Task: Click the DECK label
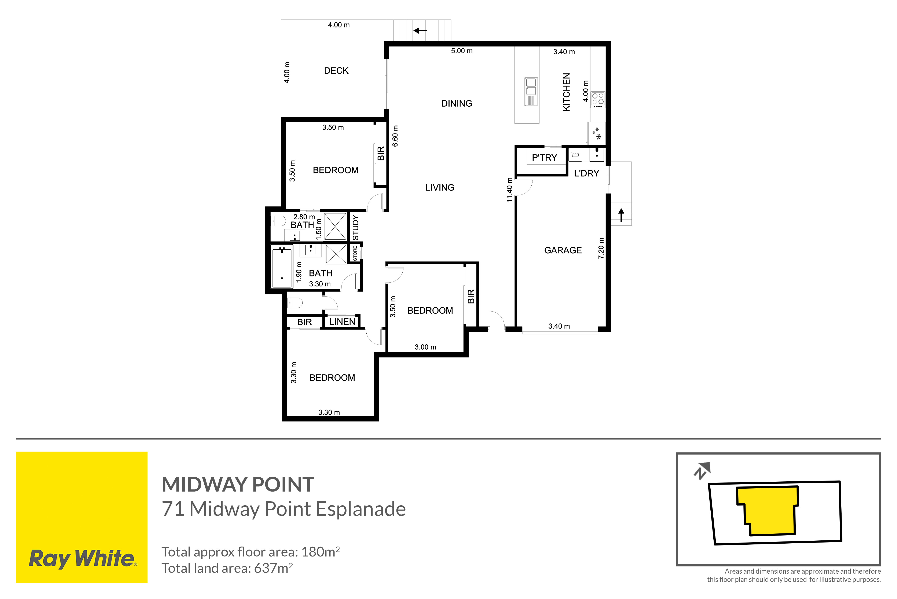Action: click(x=336, y=71)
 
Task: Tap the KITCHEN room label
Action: click(x=567, y=92)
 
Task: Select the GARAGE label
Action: click(x=563, y=250)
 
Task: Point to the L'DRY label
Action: click(x=586, y=173)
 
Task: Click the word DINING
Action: click(x=457, y=103)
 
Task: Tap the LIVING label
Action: click(x=440, y=188)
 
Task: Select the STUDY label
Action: click(x=355, y=228)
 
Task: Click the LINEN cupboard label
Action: click(x=342, y=322)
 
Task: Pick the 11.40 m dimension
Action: click(x=509, y=190)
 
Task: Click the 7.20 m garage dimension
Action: click(x=601, y=248)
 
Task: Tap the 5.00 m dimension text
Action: click(x=461, y=51)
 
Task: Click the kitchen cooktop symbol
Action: click(x=598, y=100)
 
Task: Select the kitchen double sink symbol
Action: click(x=531, y=92)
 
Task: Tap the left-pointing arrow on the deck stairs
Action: click(x=420, y=30)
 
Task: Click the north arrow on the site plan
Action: click(x=702, y=471)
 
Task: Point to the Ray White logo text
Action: click(x=83, y=559)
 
